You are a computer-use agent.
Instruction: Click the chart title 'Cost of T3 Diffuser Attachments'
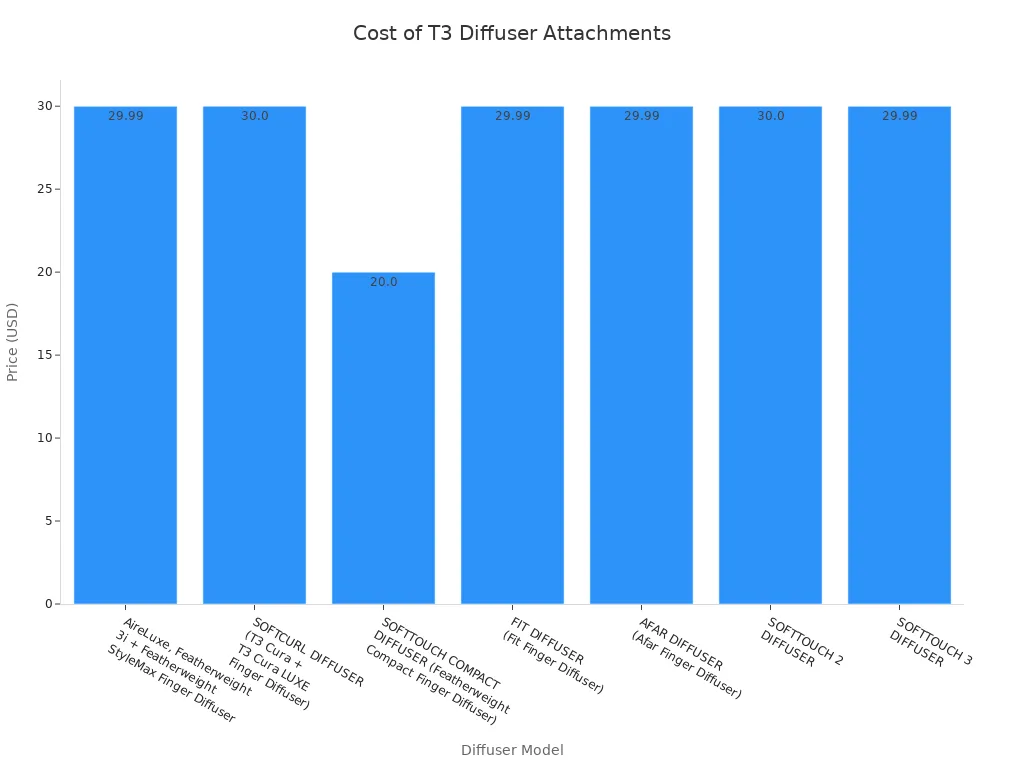pos(512,33)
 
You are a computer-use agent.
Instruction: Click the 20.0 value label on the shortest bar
pos(383,282)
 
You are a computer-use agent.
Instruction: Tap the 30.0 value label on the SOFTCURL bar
pos(254,116)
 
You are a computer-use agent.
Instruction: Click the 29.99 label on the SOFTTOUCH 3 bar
pos(899,116)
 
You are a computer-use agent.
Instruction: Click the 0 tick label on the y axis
pos(46,604)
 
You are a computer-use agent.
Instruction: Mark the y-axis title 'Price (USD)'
pos(13,342)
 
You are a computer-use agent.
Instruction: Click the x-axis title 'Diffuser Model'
pos(512,750)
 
